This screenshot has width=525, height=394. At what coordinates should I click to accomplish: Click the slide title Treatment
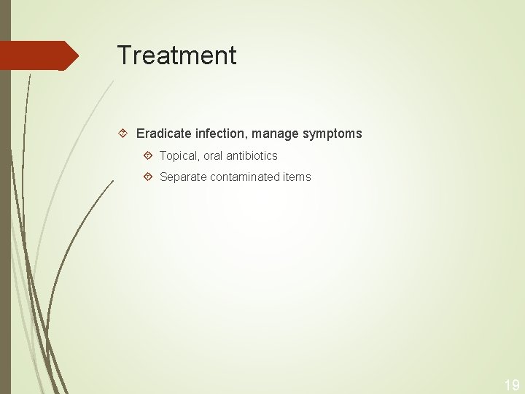[x=176, y=55]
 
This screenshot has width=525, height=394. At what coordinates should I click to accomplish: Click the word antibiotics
[x=252, y=156]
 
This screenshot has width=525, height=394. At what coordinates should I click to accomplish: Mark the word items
[x=297, y=177]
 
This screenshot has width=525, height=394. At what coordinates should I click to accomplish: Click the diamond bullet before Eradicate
[x=124, y=134]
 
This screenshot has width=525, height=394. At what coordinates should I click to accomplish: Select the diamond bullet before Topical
[x=148, y=156]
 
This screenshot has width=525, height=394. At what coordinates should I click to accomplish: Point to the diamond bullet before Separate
[x=148, y=177]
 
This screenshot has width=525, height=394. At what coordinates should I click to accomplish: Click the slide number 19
[x=511, y=385]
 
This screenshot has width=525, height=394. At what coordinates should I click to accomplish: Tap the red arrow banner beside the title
[x=36, y=55]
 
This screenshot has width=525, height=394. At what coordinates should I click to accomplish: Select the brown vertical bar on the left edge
[x=5, y=219]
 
